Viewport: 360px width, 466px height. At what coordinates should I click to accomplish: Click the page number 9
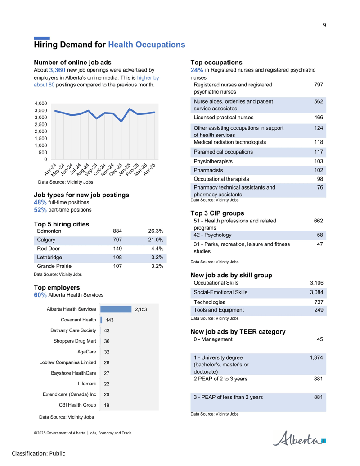pos(324,25)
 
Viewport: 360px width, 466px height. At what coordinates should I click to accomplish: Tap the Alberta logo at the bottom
pos(299,439)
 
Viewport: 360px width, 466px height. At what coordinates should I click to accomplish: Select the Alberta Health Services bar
pos(116,309)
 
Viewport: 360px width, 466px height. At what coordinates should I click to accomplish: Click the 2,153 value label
pos(141,309)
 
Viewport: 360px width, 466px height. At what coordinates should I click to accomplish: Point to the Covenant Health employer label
pos(78,320)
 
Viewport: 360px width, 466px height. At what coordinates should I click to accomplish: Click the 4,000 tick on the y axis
pos(40,104)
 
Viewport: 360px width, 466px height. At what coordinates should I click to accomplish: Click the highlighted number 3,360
pos(57,70)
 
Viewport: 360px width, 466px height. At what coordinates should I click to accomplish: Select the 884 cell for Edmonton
pos(117,231)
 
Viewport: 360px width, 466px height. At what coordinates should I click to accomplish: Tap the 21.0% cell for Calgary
pos(156,240)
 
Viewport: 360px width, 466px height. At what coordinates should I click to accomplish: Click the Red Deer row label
pos(49,249)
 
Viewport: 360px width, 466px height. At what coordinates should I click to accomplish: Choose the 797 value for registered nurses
pos(319,85)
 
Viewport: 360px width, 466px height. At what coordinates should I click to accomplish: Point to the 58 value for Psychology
pos(320,235)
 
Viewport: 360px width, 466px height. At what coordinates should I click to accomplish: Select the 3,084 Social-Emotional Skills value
pos(317,293)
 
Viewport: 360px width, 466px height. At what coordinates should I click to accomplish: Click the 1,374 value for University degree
pos(316,358)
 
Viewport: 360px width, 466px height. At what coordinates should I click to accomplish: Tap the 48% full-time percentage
pos(40,203)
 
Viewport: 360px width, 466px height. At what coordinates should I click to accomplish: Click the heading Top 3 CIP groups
pos(217,213)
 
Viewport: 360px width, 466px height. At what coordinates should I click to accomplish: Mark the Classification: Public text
pos(39,453)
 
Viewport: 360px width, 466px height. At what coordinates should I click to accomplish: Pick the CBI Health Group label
pos(77,405)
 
